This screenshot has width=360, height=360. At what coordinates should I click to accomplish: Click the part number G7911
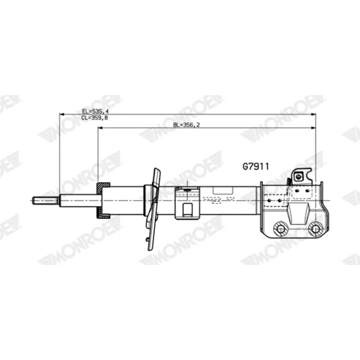coord(256,166)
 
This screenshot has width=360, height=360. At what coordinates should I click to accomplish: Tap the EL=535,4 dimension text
coord(95,112)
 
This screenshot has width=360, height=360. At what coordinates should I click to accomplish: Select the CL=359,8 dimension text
coord(94,118)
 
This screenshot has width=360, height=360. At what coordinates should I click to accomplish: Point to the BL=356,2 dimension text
coord(186,125)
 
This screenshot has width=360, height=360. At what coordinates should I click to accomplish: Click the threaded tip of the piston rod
coord(45,200)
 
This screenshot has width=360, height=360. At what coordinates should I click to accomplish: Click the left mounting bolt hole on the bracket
coord(280,229)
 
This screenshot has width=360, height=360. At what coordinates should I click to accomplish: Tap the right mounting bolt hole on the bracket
coord(315,229)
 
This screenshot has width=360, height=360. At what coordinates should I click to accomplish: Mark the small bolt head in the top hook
coord(298,177)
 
